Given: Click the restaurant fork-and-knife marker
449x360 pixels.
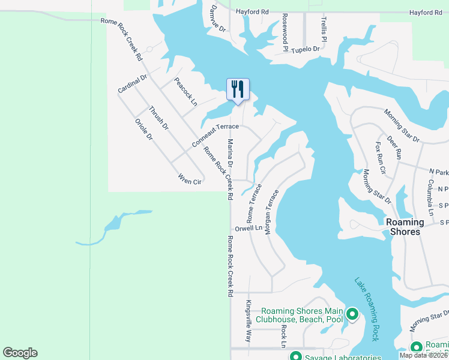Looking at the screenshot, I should [238, 89].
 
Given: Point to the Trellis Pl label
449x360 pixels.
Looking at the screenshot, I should [324, 29].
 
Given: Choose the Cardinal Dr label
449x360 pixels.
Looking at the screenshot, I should [132, 84].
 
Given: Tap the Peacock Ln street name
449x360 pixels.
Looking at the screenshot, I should [185, 91].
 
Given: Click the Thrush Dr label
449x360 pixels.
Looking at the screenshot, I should [159, 118].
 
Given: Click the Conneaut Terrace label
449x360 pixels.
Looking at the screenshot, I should [215, 136].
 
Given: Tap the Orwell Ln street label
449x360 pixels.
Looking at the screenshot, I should [249, 228].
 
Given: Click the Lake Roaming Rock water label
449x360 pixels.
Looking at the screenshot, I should [366, 309].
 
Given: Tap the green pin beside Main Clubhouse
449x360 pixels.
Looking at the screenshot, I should [352, 314].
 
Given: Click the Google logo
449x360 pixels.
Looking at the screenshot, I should [20, 353].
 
